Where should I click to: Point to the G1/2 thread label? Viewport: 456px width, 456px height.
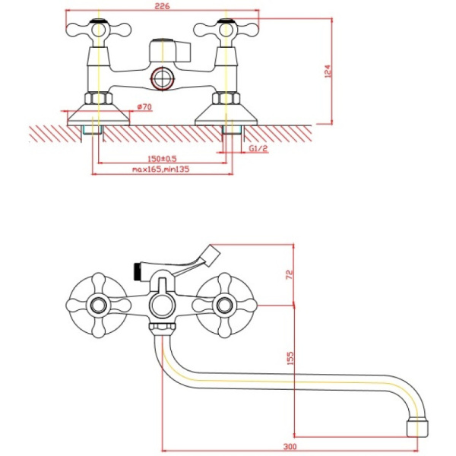pos(258,149)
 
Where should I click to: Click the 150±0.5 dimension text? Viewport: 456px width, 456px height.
pos(160,158)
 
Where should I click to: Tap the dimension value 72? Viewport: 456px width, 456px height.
pos(289,274)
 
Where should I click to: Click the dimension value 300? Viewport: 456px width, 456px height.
pos(289,448)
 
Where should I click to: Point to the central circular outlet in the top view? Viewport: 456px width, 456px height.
pos(161,78)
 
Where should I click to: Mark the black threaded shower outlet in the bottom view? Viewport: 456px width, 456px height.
pos(137,268)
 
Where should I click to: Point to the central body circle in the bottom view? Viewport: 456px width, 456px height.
pos(161,306)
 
